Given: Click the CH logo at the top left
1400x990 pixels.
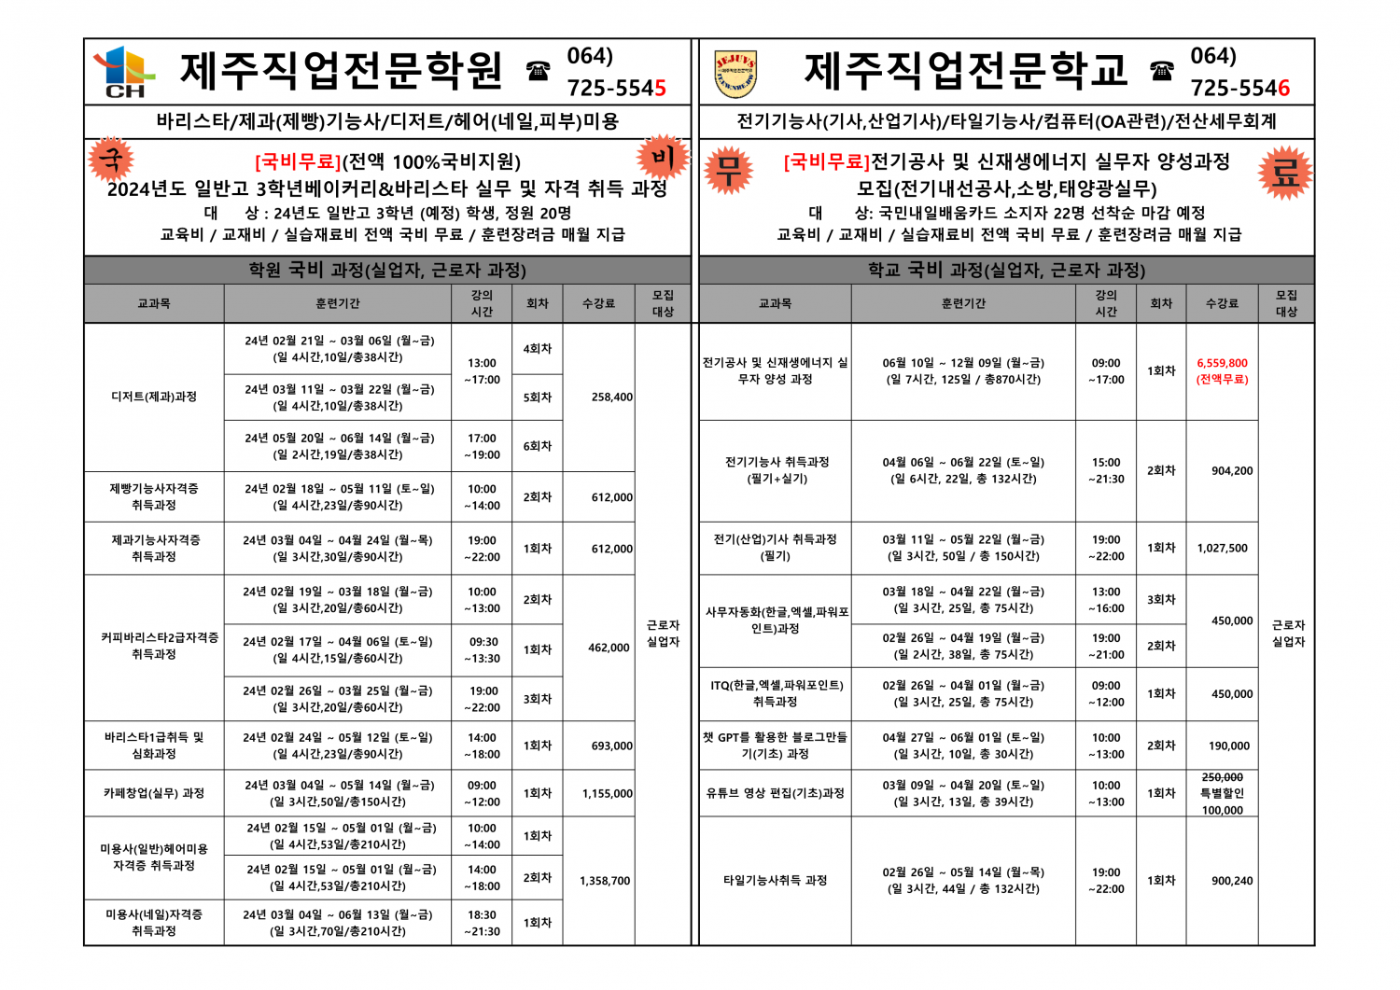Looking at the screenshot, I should pyautogui.click(x=124, y=71).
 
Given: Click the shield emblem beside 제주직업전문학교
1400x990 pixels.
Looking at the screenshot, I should pyautogui.click(x=735, y=74).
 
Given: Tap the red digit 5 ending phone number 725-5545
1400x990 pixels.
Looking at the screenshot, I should pyautogui.click(x=660, y=89).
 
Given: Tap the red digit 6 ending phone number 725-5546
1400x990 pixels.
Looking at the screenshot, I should pyautogui.click(x=1283, y=89).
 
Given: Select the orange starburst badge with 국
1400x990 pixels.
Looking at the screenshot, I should pyautogui.click(x=111, y=160).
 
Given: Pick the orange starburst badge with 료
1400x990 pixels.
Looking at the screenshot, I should pyautogui.click(x=1284, y=172).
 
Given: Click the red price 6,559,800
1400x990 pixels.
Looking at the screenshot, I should pyautogui.click(x=1222, y=363).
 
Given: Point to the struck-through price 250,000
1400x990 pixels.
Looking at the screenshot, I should pyautogui.click(x=1222, y=777).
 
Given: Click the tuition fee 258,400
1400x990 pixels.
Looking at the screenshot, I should pyautogui.click(x=611, y=397).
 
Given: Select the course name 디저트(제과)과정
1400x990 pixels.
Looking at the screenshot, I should pyautogui.click(x=154, y=397).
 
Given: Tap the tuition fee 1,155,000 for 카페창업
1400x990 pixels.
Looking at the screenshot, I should pyautogui.click(x=607, y=794).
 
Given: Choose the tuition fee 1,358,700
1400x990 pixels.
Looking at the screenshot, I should pyautogui.click(x=605, y=881).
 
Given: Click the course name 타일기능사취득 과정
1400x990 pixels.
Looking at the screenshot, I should pyautogui.click(x=775, y=880).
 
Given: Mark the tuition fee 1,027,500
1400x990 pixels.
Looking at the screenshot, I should pyautogui.click(x=1222, y=549).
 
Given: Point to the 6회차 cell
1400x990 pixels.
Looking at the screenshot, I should pyautogui.click(x=537, y=446).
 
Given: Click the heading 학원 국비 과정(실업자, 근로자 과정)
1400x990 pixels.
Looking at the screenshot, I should pyautogui.click(x=387, y=271).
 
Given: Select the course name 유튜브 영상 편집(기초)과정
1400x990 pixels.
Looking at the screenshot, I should pyautogui.click(x=775, y=793).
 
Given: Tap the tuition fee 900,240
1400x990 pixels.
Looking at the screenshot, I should pyautogui.click(x=1232, y=881).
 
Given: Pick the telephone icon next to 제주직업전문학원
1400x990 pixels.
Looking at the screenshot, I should pyautogui.click(x=538, y=70).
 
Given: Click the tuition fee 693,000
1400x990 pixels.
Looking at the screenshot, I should pyautogui.click(x=611, y=746).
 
